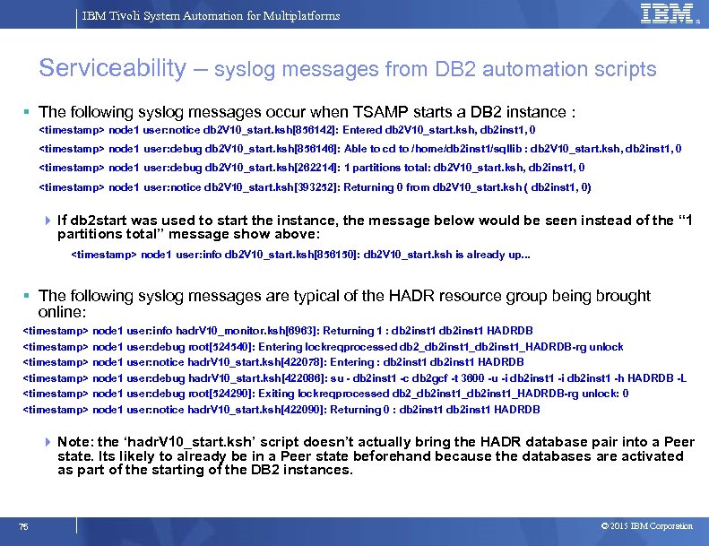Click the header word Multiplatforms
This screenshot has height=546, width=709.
[299, 16]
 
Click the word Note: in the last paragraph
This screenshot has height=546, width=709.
[74, 442]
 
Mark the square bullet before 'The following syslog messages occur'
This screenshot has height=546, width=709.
[28, 112]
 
